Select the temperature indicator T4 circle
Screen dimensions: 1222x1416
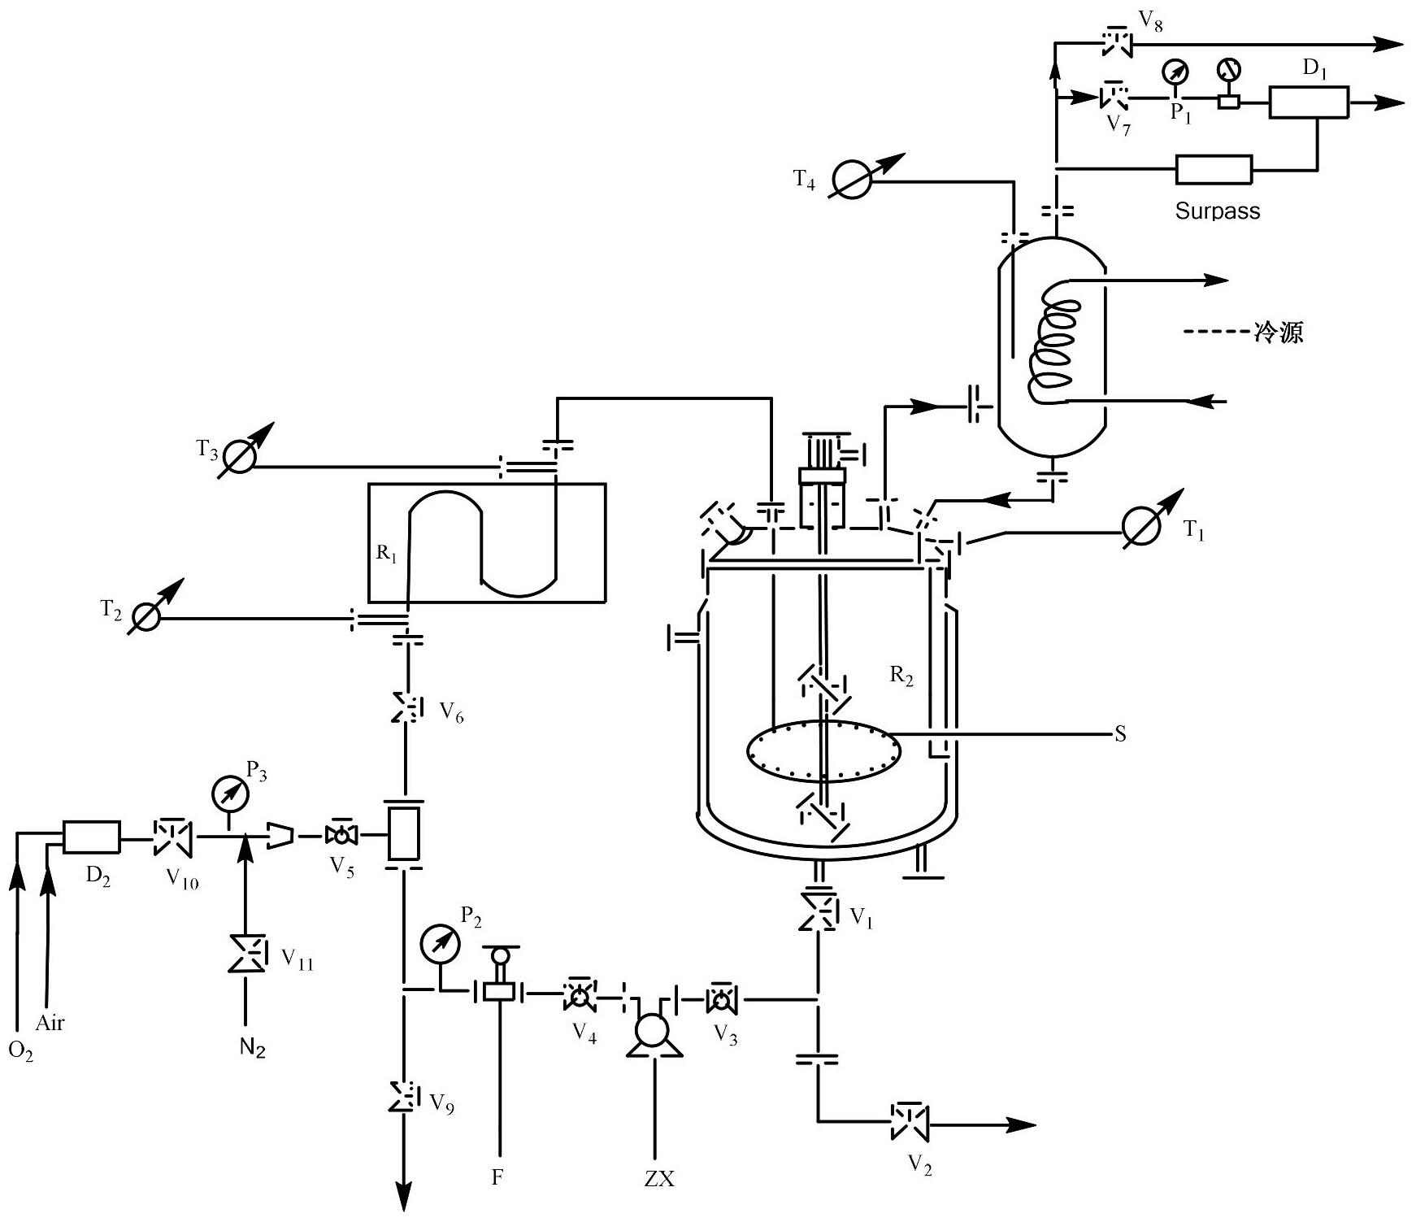click(854, 180)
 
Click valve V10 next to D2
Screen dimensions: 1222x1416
click(172, 836)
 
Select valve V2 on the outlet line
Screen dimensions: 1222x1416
click(910, 1123)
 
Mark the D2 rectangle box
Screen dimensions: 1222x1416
click(92, 837)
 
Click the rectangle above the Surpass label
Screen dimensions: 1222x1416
click(1214, 170)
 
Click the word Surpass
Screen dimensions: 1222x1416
click(1217, 211)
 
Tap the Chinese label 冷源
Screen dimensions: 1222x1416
click(1279, 332)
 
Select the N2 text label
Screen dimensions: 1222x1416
click(253, 1049)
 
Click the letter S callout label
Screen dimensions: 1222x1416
click(1120, 735)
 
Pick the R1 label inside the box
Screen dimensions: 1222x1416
click(387, 554)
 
